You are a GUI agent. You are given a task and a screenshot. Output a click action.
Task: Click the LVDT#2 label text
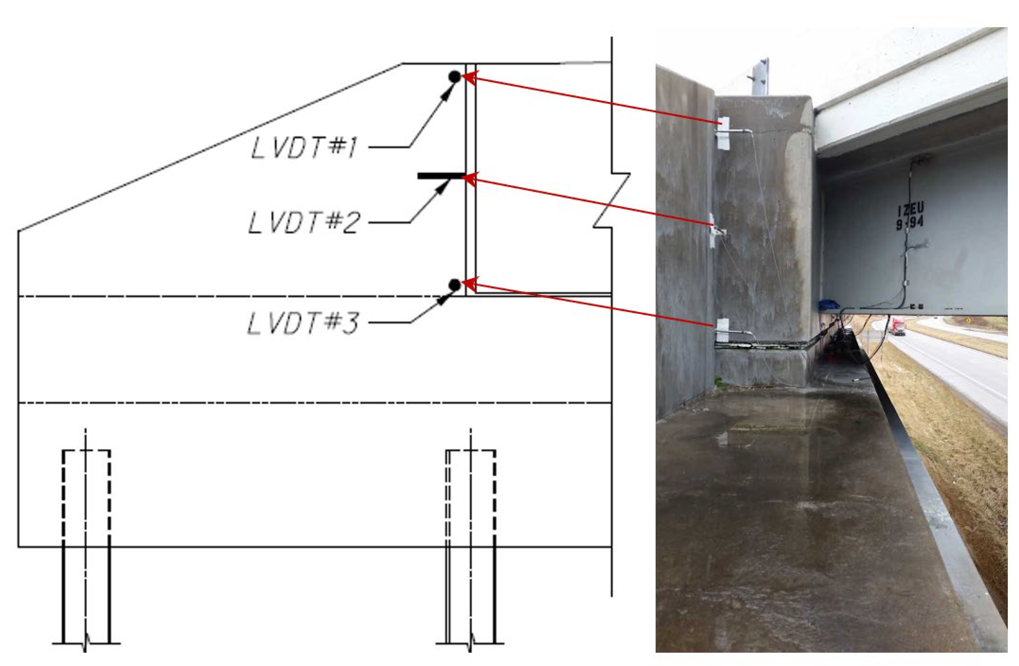click(303, 223)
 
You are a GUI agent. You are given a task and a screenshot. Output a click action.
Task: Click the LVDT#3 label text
click(302, 323)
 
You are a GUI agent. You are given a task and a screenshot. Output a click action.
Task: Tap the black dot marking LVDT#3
click(455, 284)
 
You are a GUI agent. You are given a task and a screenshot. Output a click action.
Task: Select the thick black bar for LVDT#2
click(441, 176)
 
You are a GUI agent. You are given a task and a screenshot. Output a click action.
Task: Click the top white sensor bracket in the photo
click(723, 133)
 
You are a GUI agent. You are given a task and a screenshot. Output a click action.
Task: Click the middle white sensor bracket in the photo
click(713, 231)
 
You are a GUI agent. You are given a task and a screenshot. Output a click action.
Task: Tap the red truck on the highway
click(898, 326)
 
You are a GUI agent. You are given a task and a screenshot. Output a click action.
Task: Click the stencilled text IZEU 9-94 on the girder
click(910, 217)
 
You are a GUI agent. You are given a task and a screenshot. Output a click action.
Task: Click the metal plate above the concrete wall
click(761, 77)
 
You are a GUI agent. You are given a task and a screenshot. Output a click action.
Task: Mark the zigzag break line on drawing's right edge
click(611, 200)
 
